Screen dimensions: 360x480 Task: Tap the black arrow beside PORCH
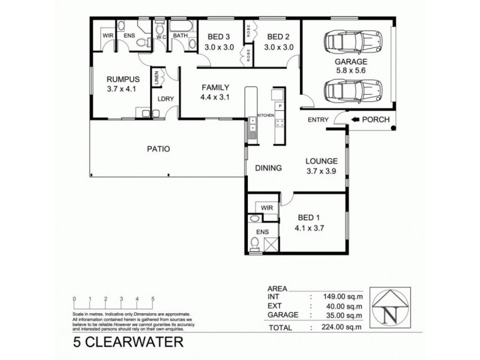point(356,119)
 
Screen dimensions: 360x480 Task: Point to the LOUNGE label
point(322,161)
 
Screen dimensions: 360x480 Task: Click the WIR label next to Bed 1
point(267,208)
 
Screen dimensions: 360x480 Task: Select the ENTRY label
point(318,120)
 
